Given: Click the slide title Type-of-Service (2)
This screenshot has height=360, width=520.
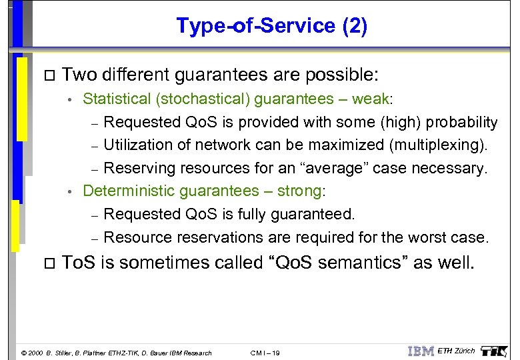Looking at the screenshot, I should pyautogui.click(x=271, y=26).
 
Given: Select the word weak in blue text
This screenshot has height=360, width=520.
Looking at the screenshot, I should pyautogui.click(x=371, y=99).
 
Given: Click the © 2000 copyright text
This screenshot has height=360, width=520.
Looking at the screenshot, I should pyautogui.click(x=33, y=353).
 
